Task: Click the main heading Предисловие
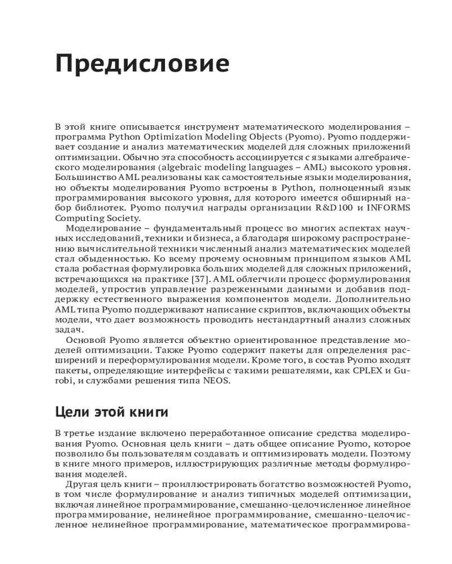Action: [142, 64]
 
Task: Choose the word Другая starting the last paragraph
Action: [82, 484]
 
